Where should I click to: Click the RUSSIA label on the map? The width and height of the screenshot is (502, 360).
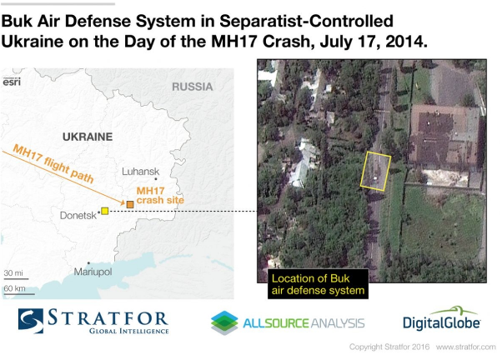192,87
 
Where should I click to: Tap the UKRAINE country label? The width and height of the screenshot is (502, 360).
88,137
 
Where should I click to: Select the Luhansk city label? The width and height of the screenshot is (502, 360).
141,172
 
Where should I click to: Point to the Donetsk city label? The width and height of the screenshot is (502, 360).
78,215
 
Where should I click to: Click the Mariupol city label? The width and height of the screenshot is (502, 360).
93,272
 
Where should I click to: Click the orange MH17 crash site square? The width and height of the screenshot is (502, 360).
130,204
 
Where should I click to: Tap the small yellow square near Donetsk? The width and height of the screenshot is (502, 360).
105,211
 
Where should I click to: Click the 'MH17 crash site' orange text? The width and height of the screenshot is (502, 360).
160,196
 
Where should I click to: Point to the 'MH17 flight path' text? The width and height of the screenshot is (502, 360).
53,163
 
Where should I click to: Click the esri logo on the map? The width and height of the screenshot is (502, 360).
12,82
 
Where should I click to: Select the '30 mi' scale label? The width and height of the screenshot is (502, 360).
13,273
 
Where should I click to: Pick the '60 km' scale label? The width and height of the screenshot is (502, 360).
14,288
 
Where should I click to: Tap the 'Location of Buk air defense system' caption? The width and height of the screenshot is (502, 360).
318,284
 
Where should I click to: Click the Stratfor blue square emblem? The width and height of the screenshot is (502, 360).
31,321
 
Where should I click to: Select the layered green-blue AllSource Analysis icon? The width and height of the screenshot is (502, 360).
224,322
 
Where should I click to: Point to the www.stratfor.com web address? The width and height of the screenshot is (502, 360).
465,347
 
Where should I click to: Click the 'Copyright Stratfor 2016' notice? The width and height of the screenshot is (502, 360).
389,347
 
